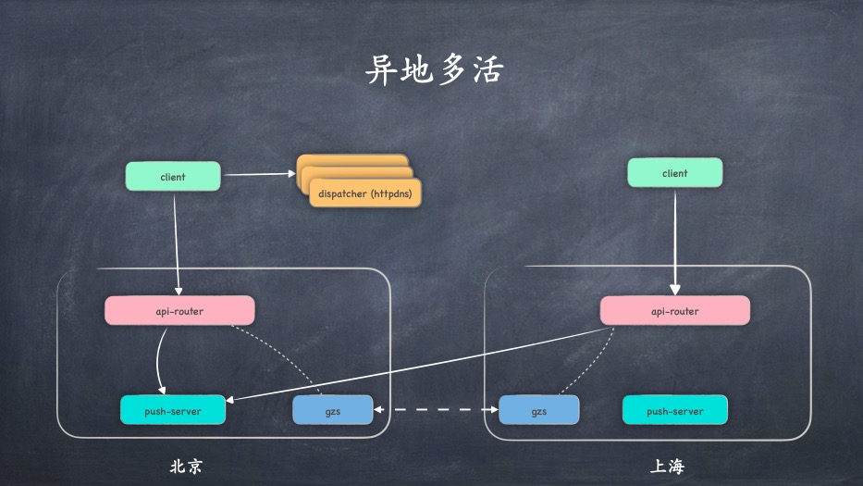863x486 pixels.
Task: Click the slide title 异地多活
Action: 434,69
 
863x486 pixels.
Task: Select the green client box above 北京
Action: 173,176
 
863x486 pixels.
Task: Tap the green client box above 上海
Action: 674,173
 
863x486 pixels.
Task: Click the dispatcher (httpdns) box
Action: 364,193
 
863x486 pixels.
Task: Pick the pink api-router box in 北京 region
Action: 179,311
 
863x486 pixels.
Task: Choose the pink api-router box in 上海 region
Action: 674,311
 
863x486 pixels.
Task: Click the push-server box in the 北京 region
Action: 173,410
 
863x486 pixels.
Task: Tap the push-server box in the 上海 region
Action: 674,410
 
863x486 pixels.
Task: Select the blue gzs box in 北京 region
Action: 332,410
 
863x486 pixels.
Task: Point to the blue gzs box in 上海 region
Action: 538,410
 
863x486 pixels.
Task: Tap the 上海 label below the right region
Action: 667,466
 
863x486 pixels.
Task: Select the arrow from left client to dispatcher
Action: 259,173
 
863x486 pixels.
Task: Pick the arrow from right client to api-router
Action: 674,241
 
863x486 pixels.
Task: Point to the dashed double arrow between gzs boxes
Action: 435,408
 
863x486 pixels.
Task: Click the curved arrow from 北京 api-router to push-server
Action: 159,356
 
